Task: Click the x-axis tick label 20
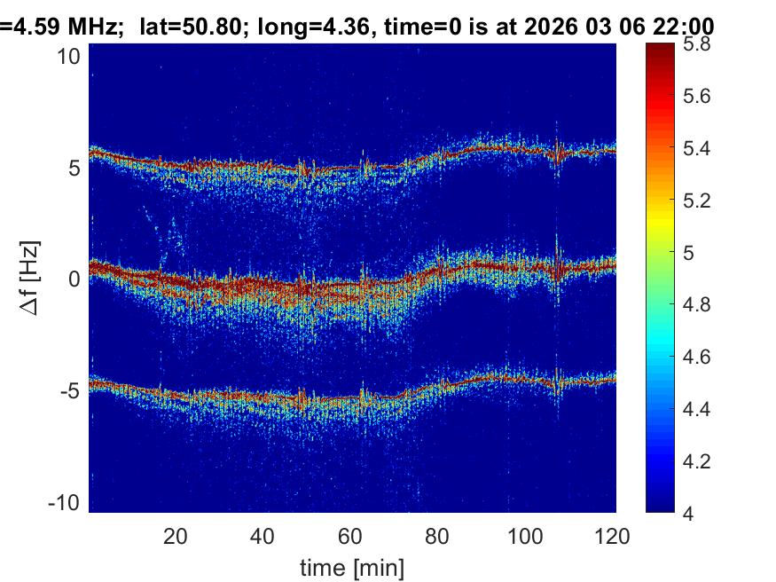176,536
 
